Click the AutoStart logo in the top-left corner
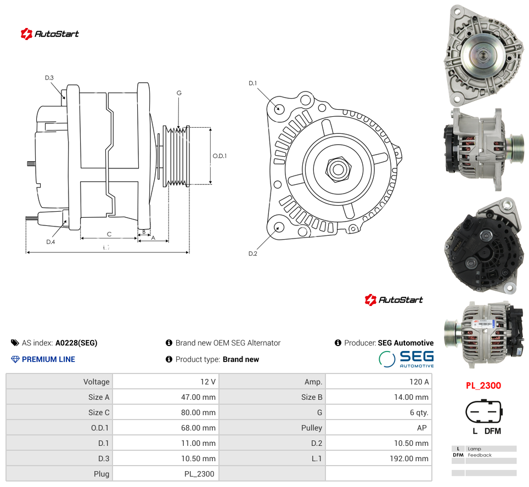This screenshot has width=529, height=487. [49, 33]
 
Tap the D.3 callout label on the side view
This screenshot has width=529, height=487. [49, 78]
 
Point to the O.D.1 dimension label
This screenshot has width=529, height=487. [220, 156]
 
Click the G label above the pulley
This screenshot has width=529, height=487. [179, 93]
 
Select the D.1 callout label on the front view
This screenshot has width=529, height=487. [252, 83]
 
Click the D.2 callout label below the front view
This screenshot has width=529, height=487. [252, 253]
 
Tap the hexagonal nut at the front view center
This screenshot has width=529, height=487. [339, 169]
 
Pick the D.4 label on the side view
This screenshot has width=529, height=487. [50, 242]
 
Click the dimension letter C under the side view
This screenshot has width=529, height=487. [109, 234]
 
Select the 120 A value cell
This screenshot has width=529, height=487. [419, 382]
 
